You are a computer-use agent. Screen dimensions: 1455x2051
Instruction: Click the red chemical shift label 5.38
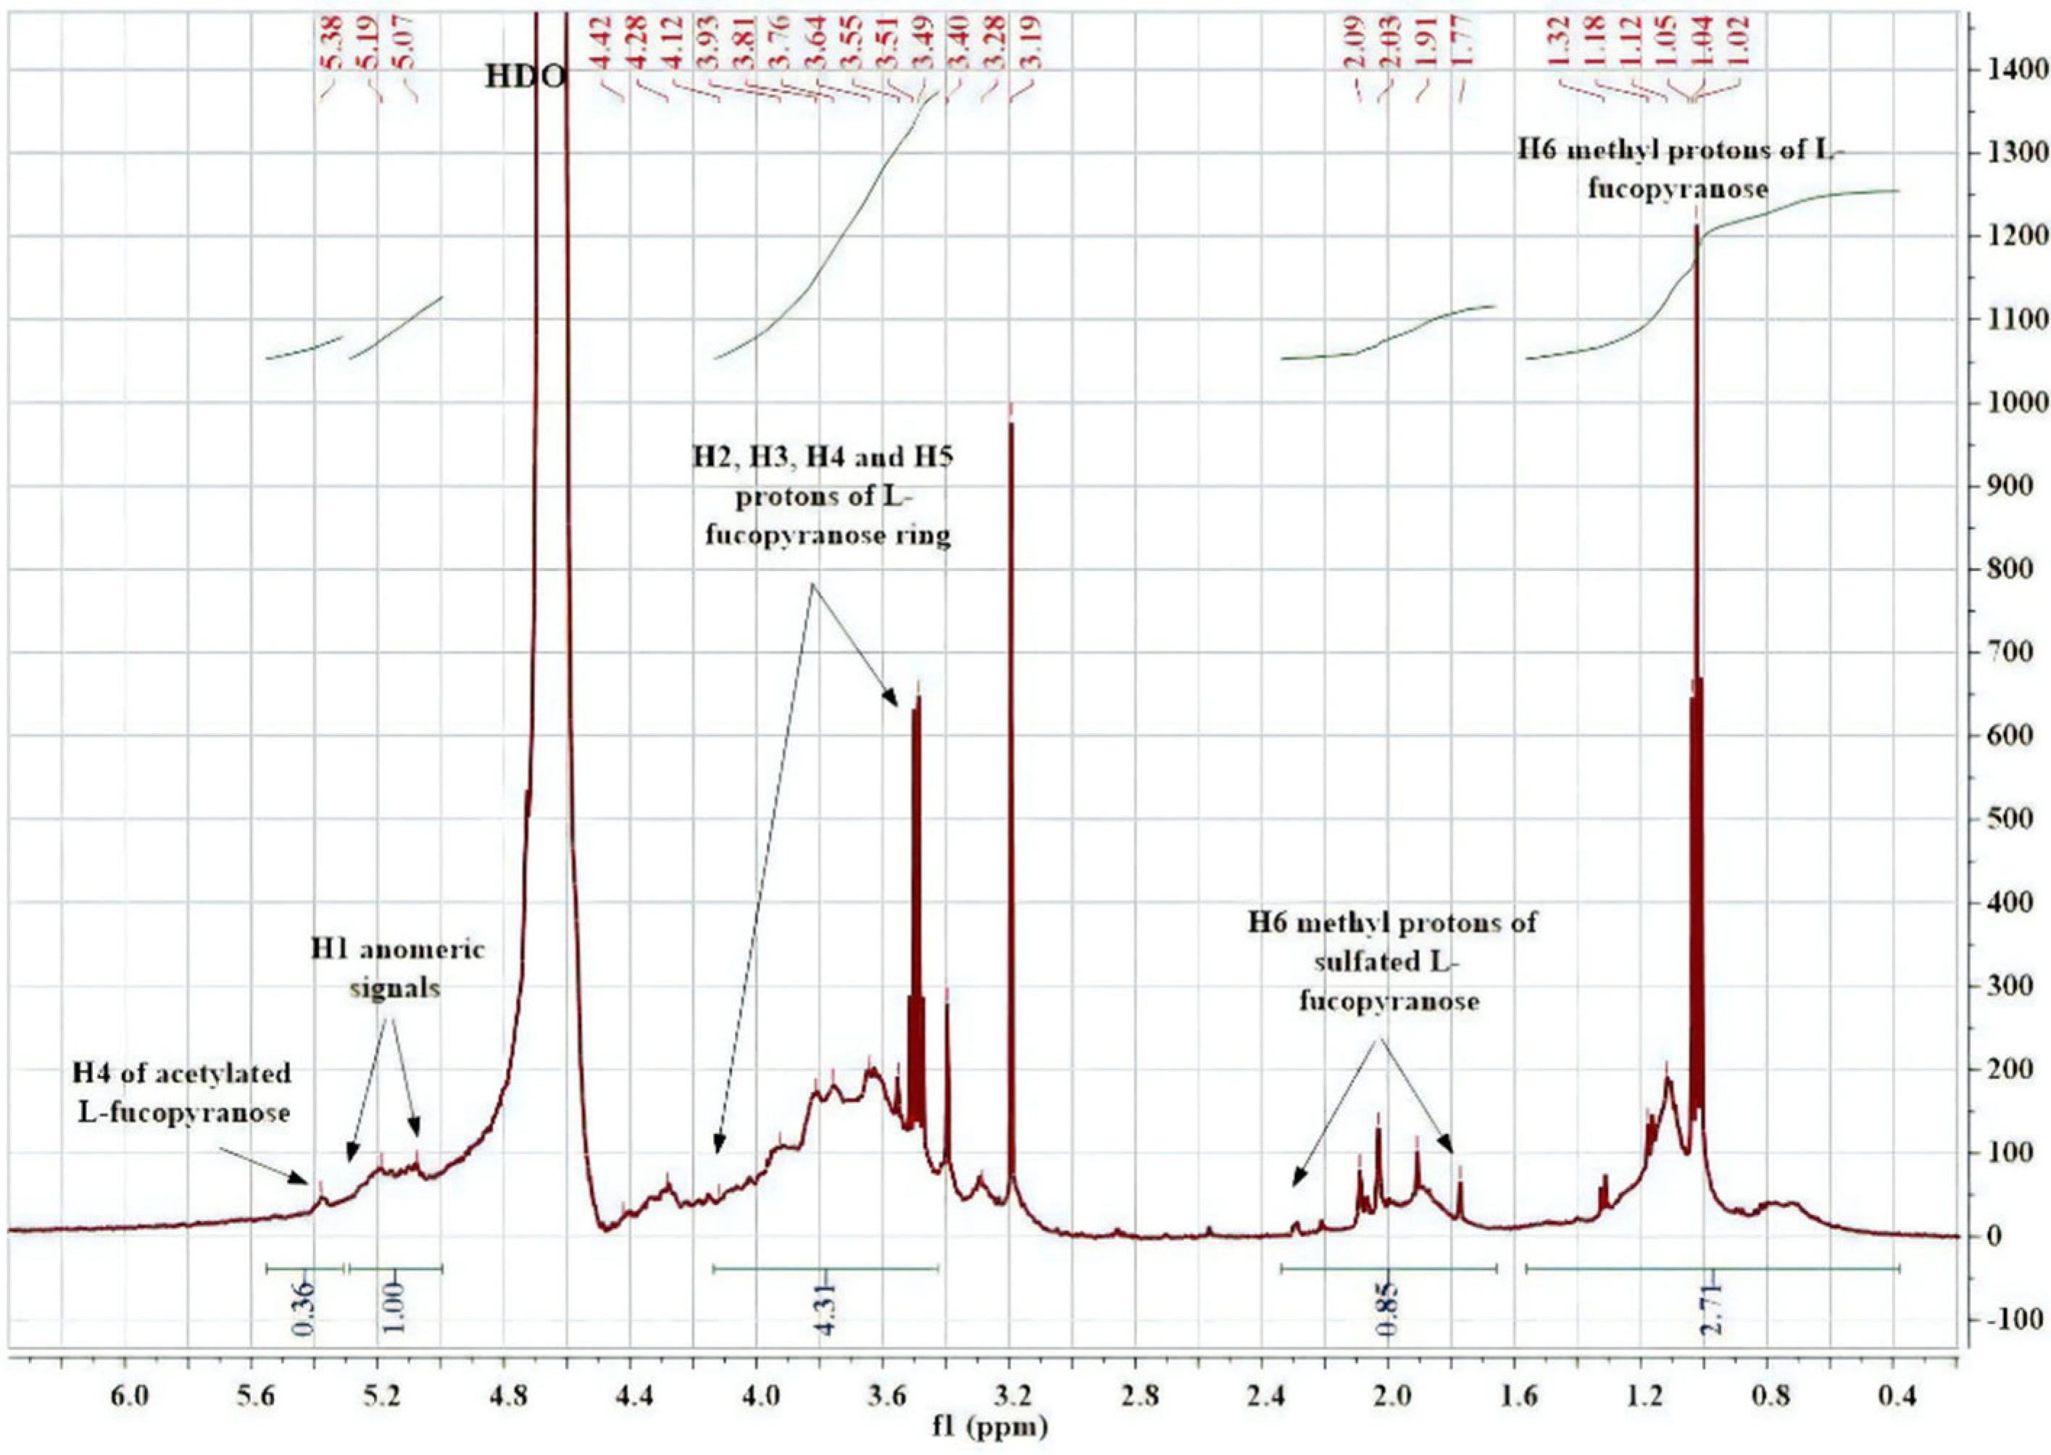[x=334, y=44]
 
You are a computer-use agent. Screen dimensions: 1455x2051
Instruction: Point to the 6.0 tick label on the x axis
[x=125, y=1397]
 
